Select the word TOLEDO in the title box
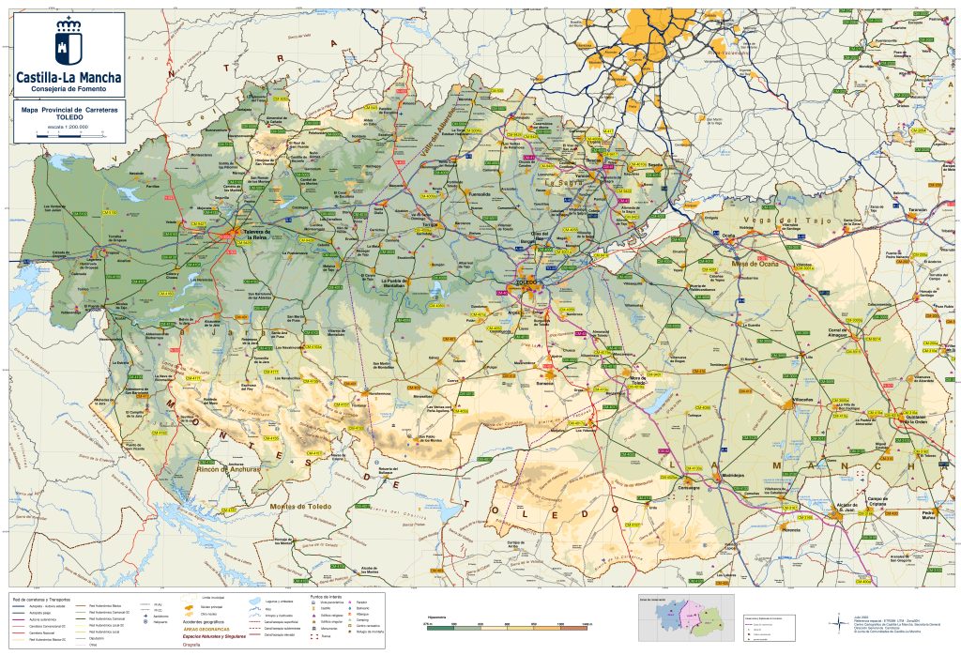point(69,117)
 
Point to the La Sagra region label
point(566,184)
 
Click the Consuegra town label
point(689,487)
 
